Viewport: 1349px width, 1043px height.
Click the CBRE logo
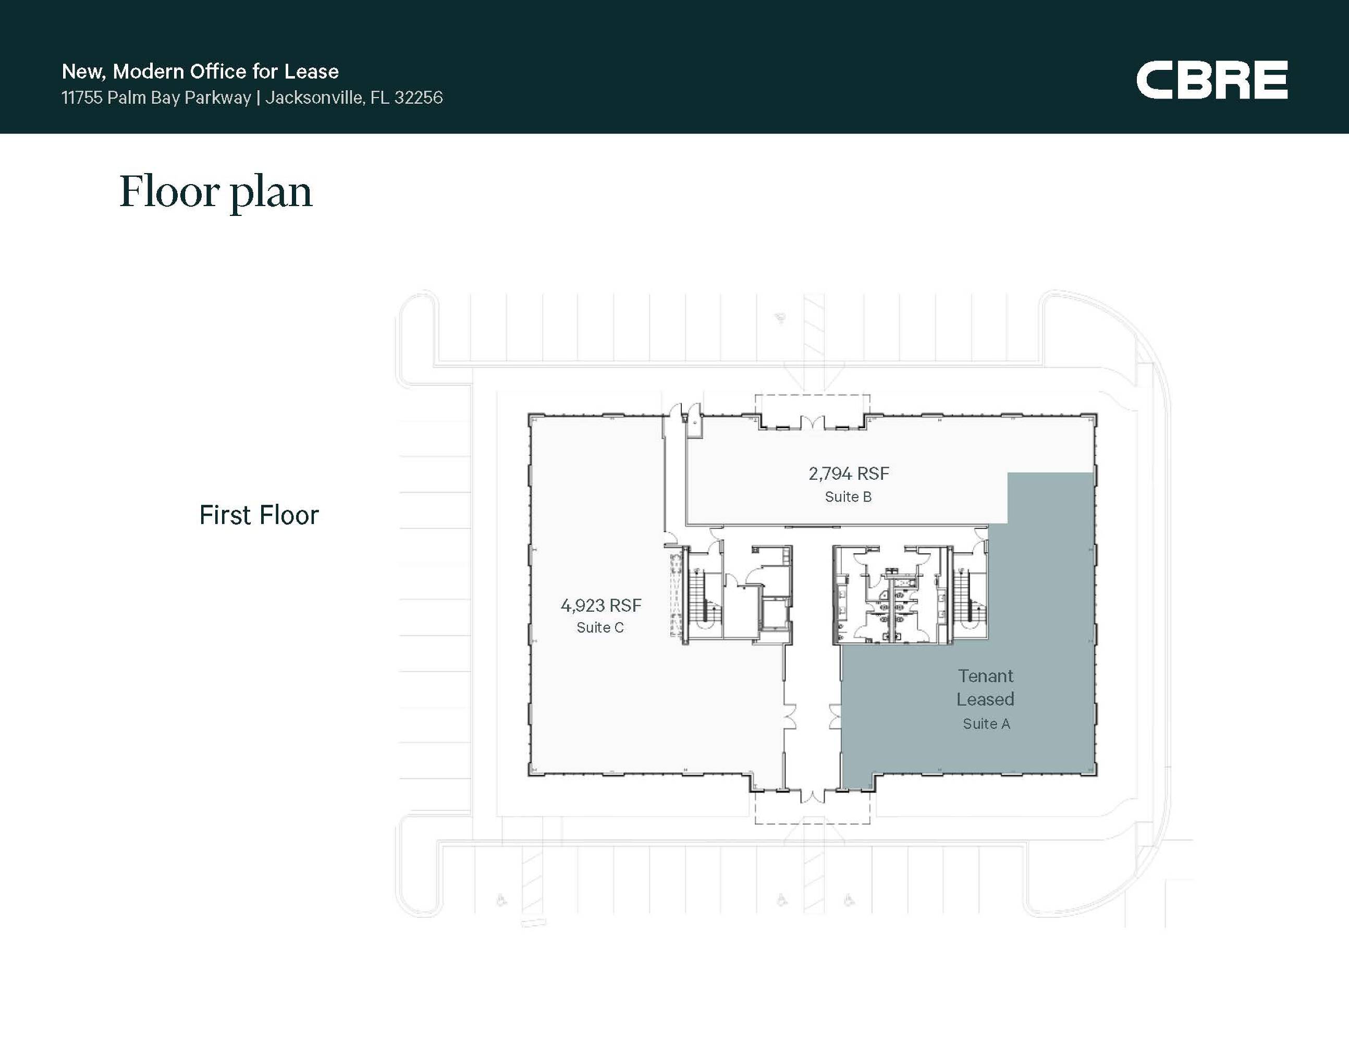1211,79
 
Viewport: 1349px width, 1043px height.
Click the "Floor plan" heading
216,191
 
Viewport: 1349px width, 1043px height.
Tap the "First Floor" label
259,515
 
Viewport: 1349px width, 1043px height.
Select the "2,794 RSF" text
849,474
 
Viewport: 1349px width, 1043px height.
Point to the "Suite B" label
848,497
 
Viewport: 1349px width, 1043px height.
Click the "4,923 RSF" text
601,605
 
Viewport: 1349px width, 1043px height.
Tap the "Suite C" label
600,628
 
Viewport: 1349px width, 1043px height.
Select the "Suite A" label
986,723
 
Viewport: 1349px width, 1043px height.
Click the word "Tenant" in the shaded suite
986,676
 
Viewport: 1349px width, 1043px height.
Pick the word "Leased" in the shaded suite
985,699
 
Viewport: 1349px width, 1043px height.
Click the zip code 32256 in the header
419,98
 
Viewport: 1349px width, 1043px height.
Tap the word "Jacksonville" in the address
314,98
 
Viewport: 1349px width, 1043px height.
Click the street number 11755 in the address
81,98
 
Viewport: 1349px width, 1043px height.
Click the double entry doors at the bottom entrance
812,796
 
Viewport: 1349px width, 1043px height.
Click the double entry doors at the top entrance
812,422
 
